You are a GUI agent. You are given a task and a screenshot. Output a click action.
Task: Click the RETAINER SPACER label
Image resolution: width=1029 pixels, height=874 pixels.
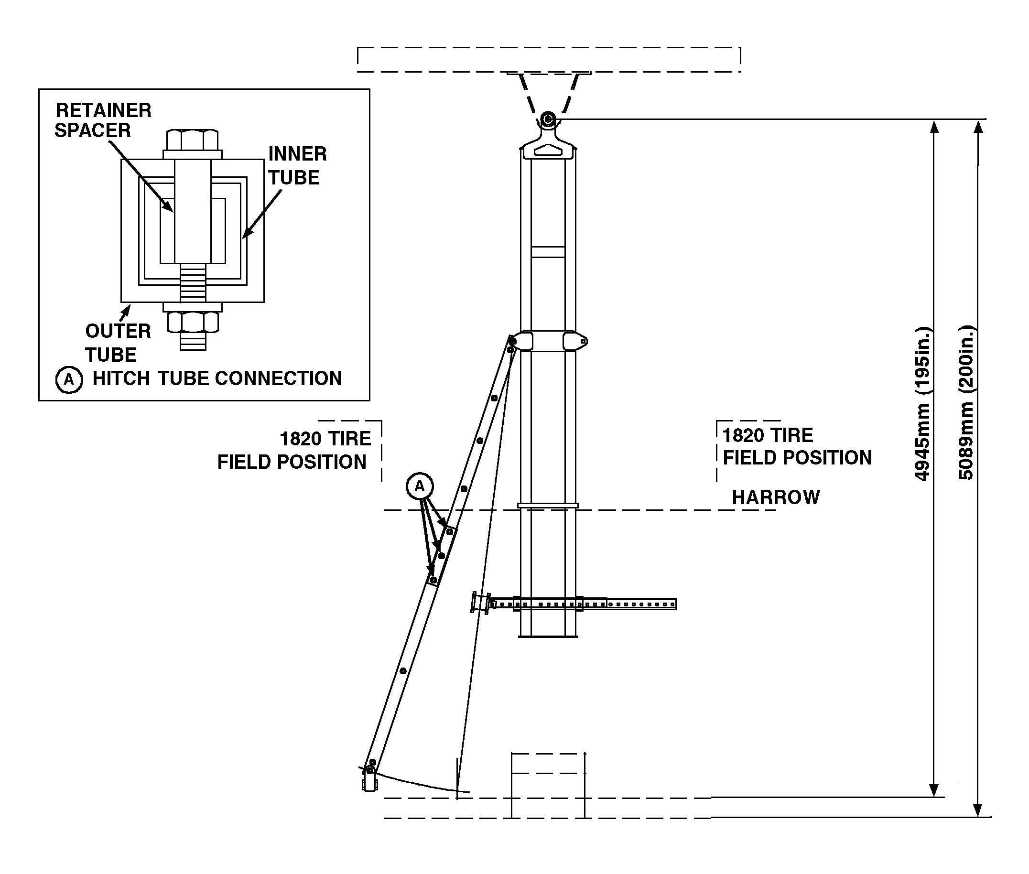[x=103, y=120]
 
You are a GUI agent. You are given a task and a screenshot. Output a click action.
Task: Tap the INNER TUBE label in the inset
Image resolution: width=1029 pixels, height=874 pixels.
[x=297, y=165]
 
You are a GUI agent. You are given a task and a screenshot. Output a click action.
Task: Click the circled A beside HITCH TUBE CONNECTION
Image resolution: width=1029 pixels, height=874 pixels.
[x=69, y=379]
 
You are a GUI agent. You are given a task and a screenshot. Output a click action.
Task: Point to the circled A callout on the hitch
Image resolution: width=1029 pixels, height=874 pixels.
[x=420, y=486]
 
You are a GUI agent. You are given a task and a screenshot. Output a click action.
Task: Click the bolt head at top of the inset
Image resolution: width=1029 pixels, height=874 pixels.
[x=192, y=140]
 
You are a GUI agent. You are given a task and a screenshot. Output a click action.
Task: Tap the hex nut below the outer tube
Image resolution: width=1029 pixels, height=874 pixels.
[x=193, y=322]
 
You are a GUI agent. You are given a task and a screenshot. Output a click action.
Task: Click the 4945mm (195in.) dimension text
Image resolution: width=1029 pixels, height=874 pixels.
[x=922, y=404]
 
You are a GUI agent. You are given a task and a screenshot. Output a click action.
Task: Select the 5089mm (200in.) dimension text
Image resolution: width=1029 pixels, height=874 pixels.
[x=966, y=402]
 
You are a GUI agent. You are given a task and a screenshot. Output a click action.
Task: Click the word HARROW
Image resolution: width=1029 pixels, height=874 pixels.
[x=775, y=497]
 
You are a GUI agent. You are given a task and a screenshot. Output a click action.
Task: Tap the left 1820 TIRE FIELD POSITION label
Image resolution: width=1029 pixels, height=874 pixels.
[x=294, y=450]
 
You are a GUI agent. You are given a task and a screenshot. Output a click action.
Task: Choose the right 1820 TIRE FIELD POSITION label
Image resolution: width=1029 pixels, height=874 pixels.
[x=797, y=447]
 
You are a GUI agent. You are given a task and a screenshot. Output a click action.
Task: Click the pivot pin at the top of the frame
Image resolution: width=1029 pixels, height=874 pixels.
[x=548, y=119]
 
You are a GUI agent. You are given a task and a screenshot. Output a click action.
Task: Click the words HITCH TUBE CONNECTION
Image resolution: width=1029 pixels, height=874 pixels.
[x=217, y=378]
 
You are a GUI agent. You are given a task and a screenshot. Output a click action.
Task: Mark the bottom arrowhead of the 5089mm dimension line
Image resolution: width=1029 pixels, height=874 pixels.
[x=977, y=810]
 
